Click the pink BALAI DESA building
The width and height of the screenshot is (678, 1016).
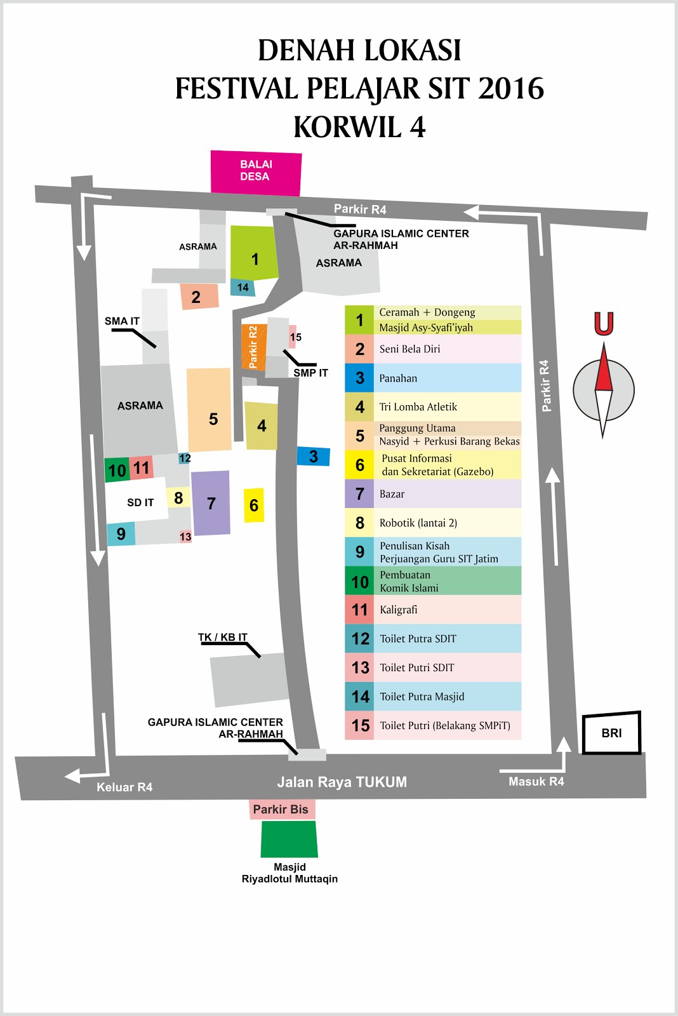tap(256, 171)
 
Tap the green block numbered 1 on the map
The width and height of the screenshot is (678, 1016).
tap(254, 253)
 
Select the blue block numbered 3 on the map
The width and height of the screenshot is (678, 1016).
tap(313, 456)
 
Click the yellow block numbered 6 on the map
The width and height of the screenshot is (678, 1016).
tap(254, 505)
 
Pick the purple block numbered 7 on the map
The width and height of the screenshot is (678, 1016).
tap(211, 503)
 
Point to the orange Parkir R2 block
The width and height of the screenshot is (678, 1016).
tap(253, 347)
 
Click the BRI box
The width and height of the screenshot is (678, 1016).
tap(611, 733)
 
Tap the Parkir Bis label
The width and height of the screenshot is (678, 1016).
tap(281, 809)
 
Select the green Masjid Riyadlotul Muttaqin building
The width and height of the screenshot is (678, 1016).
tap(289, 839)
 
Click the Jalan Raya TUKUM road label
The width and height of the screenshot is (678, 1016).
tap(342, 782)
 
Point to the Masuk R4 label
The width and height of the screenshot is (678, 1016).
tap(536, 781)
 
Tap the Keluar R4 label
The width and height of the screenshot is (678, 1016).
tap(124, 787)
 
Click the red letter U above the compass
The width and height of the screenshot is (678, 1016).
tap(603, 323)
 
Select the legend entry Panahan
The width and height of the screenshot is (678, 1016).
tap(398, 378)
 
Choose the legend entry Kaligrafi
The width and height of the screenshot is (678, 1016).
tap(399, 610)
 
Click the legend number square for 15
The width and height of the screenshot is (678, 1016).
tap(360, 725)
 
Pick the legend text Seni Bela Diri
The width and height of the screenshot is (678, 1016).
tap(409, 349)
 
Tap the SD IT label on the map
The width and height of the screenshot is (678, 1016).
tap(140, 502)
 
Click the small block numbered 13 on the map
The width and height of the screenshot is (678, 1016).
tap(185, 537)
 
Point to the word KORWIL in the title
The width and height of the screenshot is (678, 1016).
tap(347, 126)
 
